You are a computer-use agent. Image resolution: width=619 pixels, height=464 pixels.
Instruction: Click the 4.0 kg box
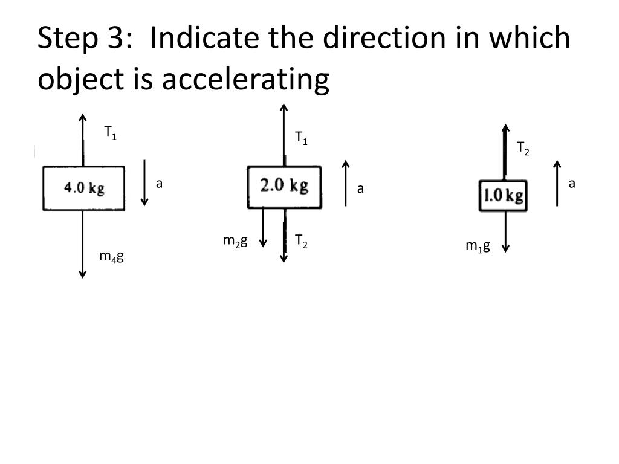coord(83,188)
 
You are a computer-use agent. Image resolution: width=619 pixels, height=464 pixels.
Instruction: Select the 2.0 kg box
coord(284,186)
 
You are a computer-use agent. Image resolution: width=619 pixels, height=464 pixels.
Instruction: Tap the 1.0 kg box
coord(503,196)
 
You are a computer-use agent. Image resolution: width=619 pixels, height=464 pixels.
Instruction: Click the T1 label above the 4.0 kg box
coord(110,133)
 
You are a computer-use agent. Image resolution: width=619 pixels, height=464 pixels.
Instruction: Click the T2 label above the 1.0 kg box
coord(523,148)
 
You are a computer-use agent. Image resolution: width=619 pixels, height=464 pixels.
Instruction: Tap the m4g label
coord(111,256)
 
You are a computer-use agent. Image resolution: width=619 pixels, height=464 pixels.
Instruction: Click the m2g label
coord(235,241)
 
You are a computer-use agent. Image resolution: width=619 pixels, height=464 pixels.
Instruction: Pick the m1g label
coord(478,245)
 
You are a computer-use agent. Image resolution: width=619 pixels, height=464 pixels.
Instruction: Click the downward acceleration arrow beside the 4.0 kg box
coord(144,183)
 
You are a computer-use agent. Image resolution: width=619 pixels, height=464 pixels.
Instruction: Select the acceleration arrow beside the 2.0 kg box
coord(346,183)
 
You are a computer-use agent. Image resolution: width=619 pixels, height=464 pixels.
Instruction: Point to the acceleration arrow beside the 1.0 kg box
coord(557,183)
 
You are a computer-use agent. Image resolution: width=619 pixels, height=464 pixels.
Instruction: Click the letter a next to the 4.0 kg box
coord(160,183)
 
